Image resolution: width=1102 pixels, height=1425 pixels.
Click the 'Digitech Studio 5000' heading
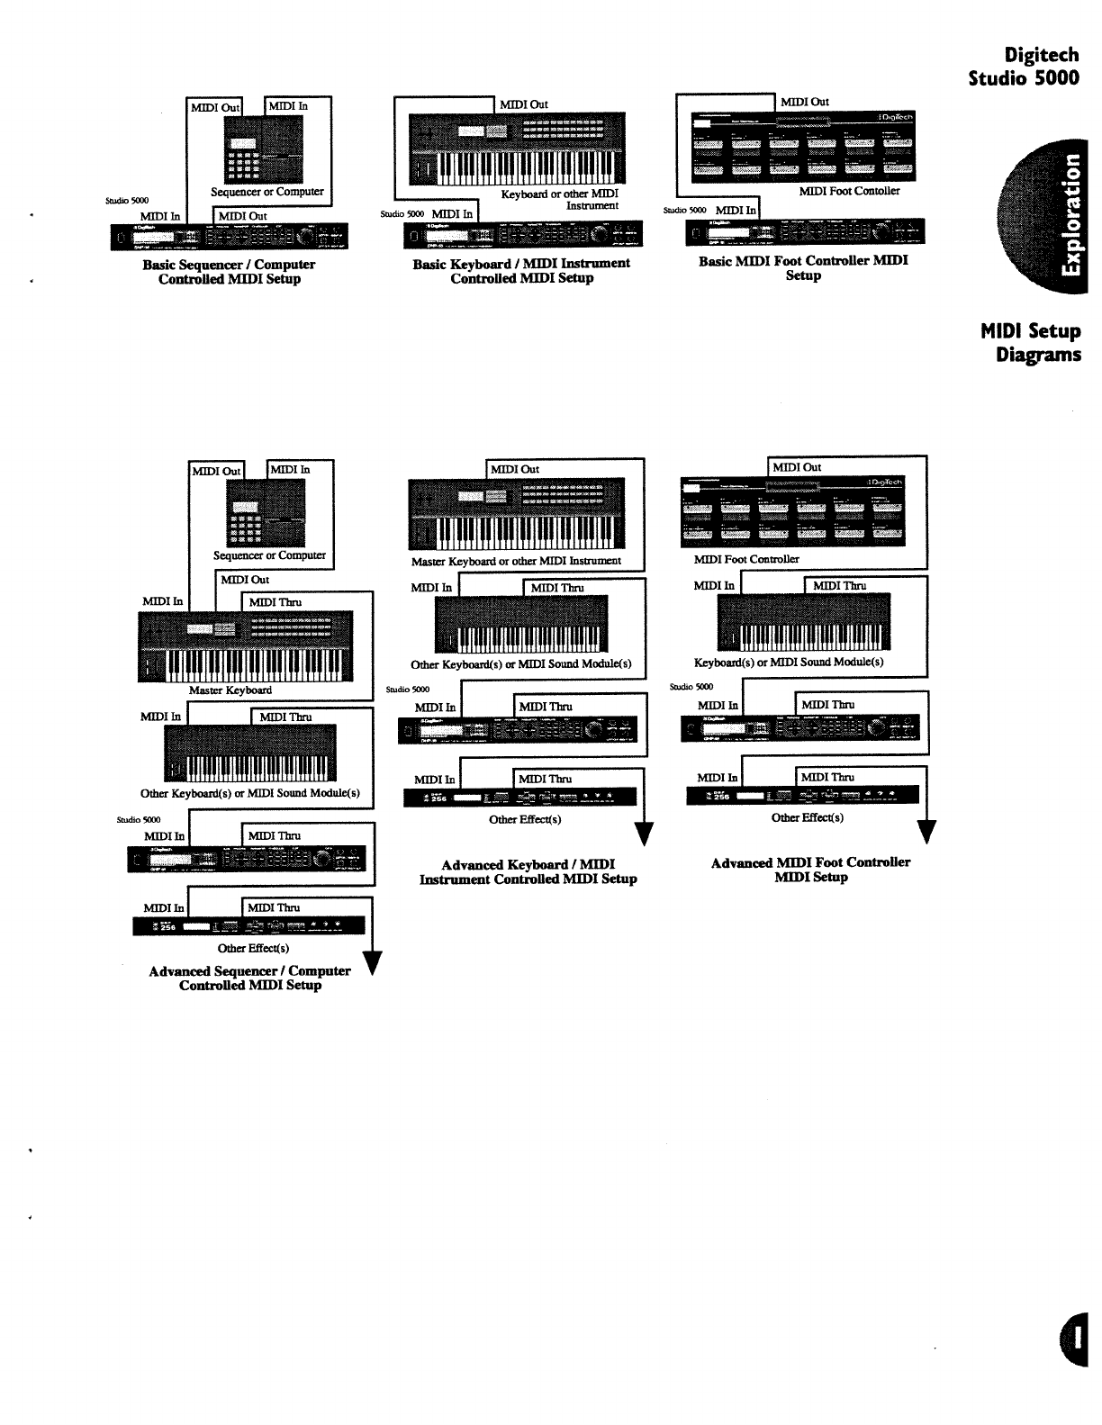(x=1025, y=67)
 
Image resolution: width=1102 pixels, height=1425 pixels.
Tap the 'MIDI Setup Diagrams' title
(x=1032, y=342)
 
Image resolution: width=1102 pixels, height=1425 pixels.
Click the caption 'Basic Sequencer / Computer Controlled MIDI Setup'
(x=229, y=272)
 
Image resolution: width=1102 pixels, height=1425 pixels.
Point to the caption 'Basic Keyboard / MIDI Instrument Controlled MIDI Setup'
(x=521, y=271)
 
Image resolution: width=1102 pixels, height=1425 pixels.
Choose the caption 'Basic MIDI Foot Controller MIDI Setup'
(x=803, y=268)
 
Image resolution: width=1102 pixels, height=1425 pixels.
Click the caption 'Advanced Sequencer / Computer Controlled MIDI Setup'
(x=249, y=978)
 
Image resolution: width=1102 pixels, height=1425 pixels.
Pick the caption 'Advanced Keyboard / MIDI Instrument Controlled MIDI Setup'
(x=528, y=871)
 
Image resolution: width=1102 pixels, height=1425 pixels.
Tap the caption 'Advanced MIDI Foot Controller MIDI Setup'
(x=810, y=869)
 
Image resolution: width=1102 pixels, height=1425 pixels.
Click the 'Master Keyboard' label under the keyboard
(x=230, y=690)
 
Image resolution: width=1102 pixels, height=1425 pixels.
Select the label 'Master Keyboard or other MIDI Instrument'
(x=516, y=561)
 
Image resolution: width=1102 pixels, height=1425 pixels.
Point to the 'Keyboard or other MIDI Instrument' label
(x=560, y=199)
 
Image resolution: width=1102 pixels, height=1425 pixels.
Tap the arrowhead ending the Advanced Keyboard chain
(x=644, y=834)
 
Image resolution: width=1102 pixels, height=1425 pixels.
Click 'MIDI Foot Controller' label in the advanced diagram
(x=746, y=559)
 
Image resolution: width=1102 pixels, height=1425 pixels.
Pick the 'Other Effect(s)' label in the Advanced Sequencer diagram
(x=253, y=948)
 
